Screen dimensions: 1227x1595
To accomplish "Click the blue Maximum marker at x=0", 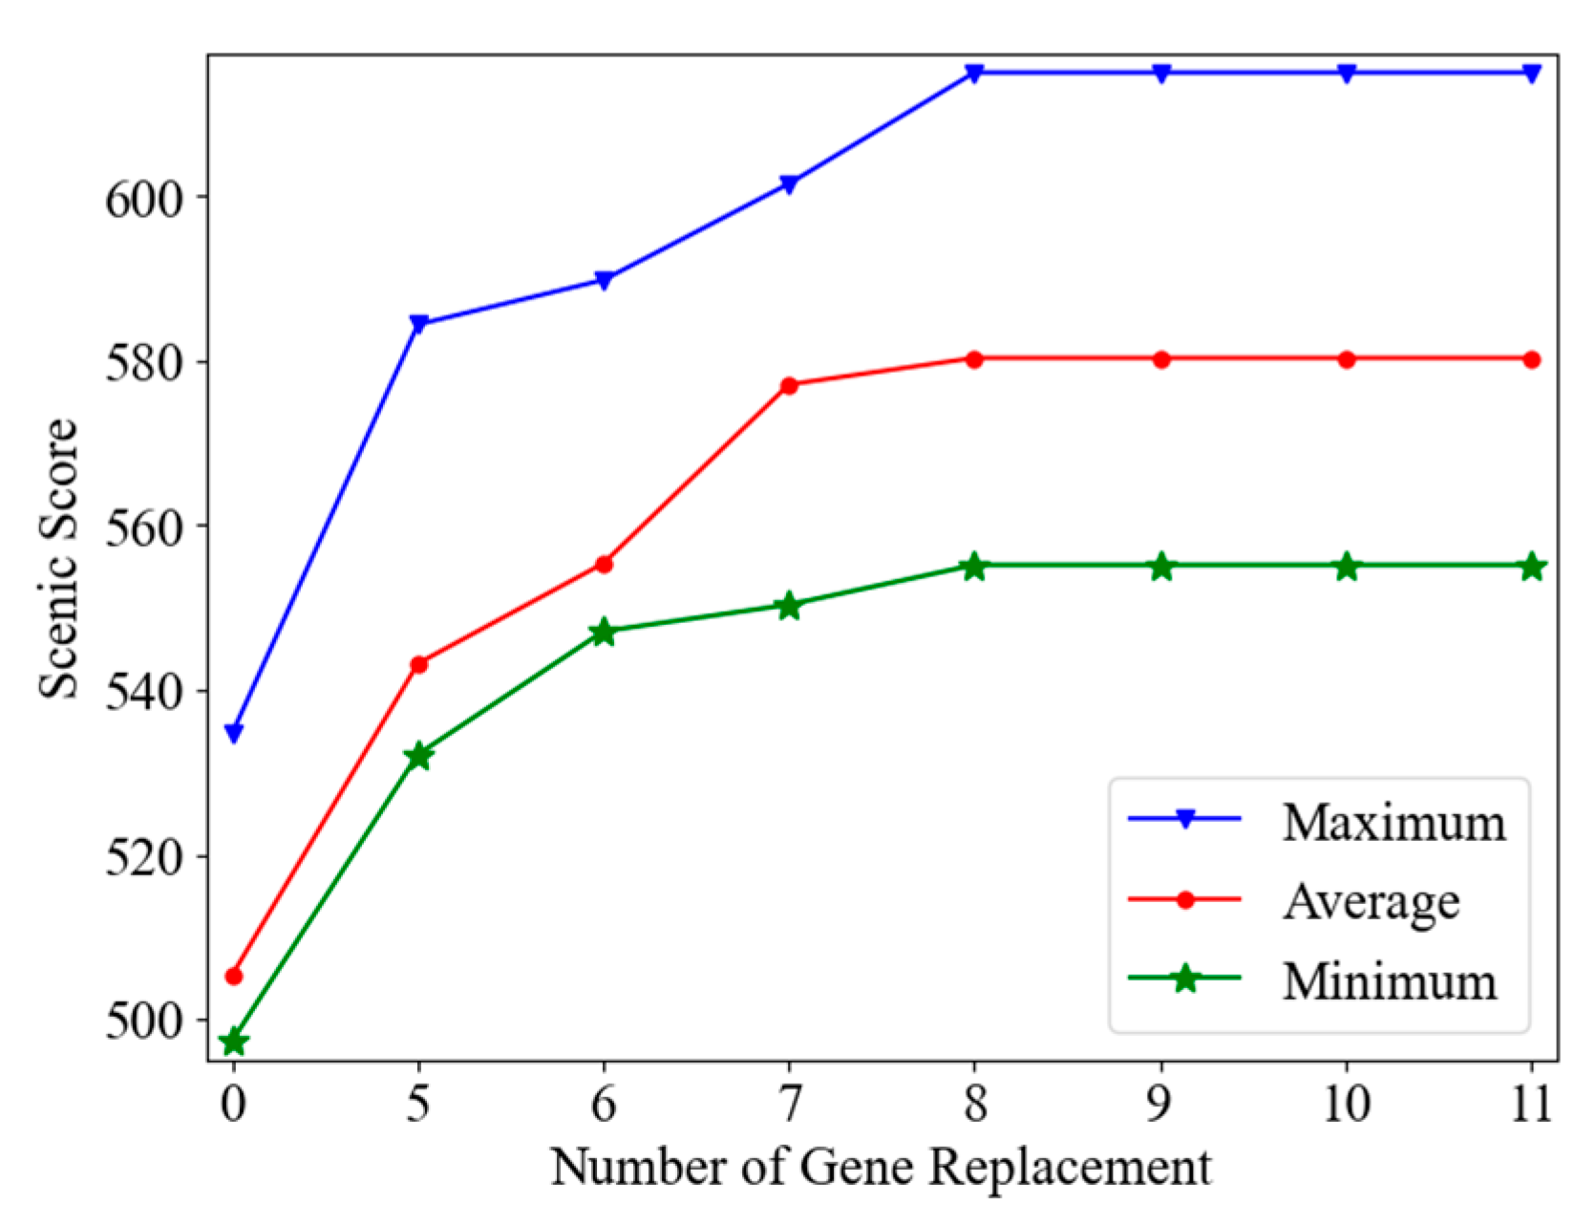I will click(x=233, y=733).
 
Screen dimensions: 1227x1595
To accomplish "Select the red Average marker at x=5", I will click(x=418, y=664).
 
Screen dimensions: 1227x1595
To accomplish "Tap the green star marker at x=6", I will click(x=604, y=632).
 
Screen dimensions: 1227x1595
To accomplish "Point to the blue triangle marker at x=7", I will click(x=789, y=183).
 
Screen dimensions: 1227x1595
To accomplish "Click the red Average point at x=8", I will click(x=974, y=359).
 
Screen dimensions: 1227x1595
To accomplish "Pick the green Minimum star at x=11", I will click(x=1532, y=566).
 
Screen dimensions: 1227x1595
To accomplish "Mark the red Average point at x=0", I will click(x=233, y=976).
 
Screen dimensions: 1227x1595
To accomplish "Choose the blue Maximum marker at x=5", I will click(x=418, y=324).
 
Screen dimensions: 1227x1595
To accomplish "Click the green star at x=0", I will click(x=233, y=1041).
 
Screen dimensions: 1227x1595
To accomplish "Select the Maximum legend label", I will click(x=1393, y=822).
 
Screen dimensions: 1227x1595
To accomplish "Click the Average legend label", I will click(x=1372, y=901).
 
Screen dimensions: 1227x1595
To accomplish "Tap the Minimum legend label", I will click(x=1390, y=980).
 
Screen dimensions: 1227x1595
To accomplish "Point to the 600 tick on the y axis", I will click(x=143, y=200).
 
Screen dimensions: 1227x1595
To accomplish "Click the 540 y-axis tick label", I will click(x=143, y=693).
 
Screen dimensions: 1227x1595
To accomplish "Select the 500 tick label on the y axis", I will click(x=143, y=1022).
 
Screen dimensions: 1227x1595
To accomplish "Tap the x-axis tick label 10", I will click(x=1347, y=1105).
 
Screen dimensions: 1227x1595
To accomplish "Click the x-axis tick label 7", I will click(x=789, y=1105).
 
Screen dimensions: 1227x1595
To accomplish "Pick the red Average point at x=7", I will click(x=789, y=386).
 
